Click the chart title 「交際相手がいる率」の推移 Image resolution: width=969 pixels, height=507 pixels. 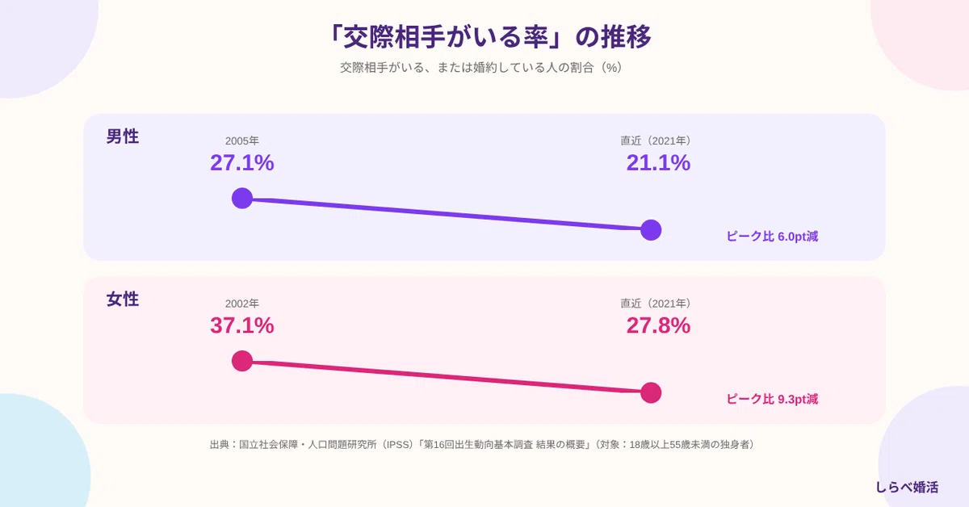[489, 36]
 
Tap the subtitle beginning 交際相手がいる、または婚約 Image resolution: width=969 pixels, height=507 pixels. [481, 68]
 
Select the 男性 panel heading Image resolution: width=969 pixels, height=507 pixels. [123, 136]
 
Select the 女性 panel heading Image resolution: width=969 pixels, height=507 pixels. [123, 299]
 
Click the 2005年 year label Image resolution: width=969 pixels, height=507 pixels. [241, 140]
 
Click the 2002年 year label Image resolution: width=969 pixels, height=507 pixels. [241, 304]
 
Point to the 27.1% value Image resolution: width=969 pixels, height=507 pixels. [241, 162]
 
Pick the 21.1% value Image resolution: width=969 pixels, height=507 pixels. [658, 162]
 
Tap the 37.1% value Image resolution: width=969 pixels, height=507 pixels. [241, 325]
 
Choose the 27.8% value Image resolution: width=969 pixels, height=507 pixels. [658, 325]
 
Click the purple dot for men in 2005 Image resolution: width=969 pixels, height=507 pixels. [242, 198]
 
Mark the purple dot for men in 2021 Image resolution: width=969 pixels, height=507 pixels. [651, 230]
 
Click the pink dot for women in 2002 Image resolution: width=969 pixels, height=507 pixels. [242, 361]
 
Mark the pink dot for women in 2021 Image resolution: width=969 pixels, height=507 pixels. [651, 393]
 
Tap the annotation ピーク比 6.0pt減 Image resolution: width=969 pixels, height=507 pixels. [772, 237]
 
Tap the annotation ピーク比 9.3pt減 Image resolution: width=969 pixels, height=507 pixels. [772, 399]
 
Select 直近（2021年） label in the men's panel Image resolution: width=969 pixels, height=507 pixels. [656, 140]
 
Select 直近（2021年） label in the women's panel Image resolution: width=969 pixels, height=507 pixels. [656, 304]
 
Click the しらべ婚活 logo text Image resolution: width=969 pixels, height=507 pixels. [907, 487]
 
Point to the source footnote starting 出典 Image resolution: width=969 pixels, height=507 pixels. [482, 444]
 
